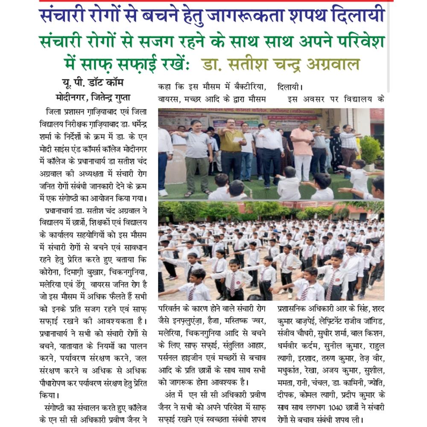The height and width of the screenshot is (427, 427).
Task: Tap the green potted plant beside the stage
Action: pyautogui.click(x=370, y=149)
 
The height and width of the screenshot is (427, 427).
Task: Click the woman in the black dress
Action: pyautogui.click(x=336, y=149)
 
